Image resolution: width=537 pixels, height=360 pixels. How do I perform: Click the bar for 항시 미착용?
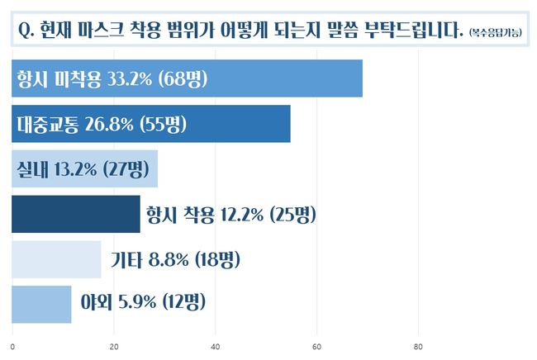point(187,79)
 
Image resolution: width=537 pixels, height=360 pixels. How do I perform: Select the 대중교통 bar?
point(150,125)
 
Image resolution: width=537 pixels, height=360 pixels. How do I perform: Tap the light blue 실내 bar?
point(84,169)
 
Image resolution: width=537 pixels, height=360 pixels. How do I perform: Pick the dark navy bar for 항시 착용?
point(76,215)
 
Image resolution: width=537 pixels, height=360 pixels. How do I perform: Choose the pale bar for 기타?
point(56,259)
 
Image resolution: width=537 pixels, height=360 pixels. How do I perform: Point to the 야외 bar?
point(41,304)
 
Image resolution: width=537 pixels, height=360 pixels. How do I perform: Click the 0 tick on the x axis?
point(12,347)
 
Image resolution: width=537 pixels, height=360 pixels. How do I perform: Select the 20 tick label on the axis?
point(114,347)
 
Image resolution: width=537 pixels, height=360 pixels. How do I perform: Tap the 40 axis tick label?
point(216,347)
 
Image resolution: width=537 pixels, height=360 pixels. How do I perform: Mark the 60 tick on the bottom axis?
point(316,347)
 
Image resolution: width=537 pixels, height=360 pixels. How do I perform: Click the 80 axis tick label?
point(418,347)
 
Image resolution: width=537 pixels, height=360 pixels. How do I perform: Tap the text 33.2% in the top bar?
point(126,79)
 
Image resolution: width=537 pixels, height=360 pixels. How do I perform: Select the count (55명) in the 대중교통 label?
point(165,125)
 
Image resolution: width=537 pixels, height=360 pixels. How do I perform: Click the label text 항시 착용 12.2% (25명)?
point(230,215)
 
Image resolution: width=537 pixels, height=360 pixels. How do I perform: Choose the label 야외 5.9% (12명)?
point(142,304)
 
